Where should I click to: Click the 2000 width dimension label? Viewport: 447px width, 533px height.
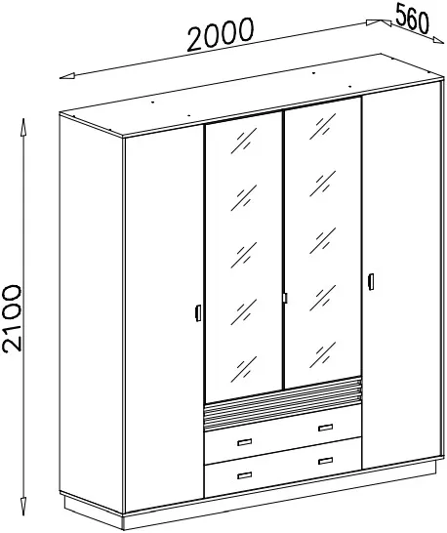point(221,34)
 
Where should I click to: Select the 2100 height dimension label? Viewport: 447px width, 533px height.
point(13,318)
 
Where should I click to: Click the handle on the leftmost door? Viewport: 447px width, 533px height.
point(198,312)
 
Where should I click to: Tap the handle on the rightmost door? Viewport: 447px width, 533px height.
point(371,282)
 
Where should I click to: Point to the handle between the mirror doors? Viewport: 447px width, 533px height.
point(285,298)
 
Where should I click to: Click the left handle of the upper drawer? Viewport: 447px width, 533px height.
point(245,442)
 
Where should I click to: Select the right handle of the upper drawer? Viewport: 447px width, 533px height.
point(326,428)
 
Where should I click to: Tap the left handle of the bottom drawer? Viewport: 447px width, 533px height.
point(245,475)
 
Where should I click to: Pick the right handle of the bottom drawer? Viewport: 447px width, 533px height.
point(326,461)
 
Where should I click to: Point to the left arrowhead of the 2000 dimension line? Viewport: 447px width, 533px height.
point(67,76)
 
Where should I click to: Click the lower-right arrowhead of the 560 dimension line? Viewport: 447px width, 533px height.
point(437,40)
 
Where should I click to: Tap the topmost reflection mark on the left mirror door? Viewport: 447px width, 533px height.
point(244,141)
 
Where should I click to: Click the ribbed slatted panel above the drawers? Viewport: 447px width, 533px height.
point(283,404)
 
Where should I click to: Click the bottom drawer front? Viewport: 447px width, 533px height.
point(283,468)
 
